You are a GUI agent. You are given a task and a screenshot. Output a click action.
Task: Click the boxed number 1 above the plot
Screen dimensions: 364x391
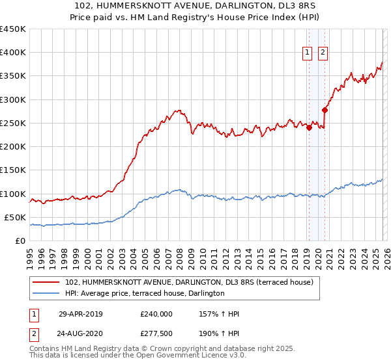point(307,53)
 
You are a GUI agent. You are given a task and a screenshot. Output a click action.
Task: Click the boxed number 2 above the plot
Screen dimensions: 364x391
point(323,53)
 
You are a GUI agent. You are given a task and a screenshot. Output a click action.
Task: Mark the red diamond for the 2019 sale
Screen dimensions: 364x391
point(309,127)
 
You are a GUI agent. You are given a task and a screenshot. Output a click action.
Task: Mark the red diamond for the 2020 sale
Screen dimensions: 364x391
point(325,110)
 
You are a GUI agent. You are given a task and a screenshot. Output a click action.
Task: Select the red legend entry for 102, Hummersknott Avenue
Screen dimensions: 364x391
point(189,282)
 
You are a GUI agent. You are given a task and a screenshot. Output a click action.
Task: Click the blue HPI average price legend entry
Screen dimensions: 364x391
point(144,293)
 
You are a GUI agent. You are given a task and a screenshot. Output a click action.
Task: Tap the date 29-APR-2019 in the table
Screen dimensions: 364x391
point(80,314)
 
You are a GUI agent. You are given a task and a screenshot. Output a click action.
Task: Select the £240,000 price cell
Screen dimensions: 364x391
point(156,314)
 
